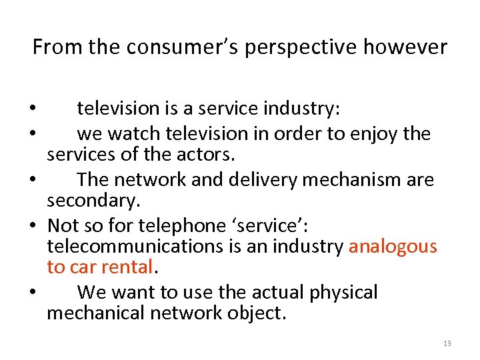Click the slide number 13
point(447,343)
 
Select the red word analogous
point(393,247)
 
